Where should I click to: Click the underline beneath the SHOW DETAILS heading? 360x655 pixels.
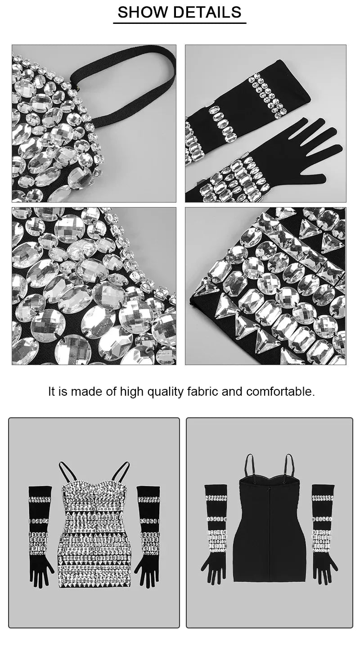(x=180, y=23)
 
